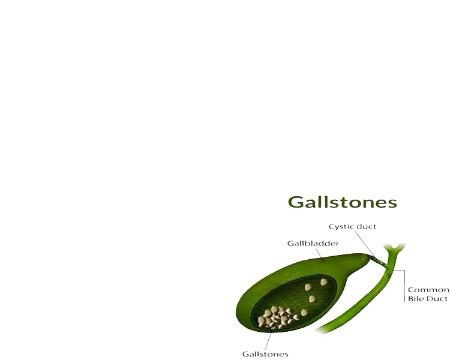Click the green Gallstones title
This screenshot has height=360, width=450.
point(343,202)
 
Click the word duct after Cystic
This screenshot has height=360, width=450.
point(367,226)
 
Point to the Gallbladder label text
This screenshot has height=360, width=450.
point(313,244)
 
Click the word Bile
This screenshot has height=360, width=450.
point(416,298)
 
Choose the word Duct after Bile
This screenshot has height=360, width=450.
point(438,298)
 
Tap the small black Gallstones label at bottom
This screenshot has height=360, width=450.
point(265,353)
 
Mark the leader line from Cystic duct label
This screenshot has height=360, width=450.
point(365,244)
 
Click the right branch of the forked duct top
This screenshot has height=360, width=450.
point(402,246)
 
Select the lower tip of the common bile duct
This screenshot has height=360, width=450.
point(318,332)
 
